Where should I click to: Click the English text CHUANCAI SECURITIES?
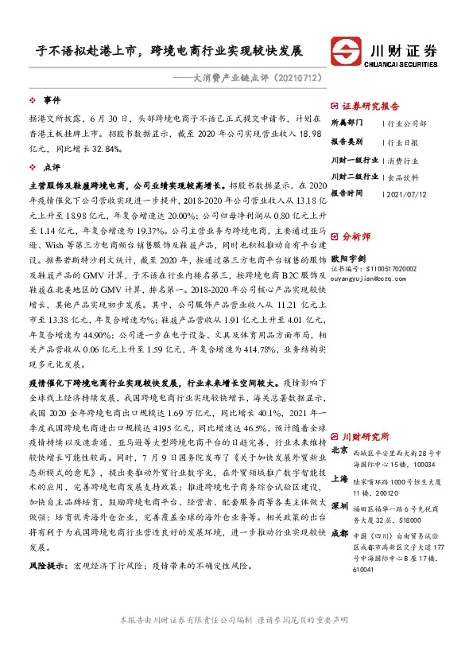coord(408,64)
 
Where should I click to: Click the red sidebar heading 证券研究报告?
coord(370,106)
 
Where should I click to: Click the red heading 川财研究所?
coord(364,436)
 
